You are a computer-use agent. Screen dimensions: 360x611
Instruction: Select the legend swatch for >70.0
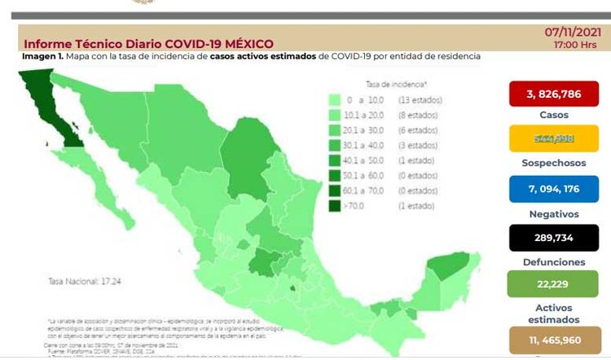click(335, 206)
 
